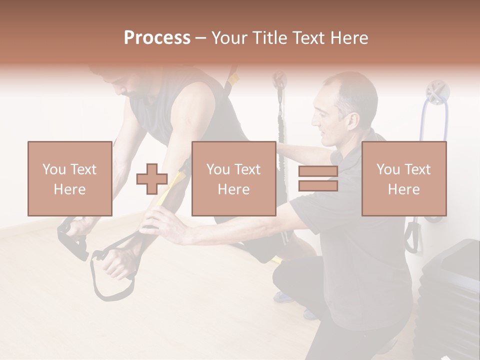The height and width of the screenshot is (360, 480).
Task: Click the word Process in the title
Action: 157,38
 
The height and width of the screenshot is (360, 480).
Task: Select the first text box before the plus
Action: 69,178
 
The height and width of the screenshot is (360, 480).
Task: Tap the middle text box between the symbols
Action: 233,178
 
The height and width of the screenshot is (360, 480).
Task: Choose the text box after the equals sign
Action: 403,178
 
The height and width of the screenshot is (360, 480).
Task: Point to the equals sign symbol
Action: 318,179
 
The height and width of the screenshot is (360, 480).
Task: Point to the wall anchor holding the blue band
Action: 437,93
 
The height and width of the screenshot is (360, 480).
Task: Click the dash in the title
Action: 201,38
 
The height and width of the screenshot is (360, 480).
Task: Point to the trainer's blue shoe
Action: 283,297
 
